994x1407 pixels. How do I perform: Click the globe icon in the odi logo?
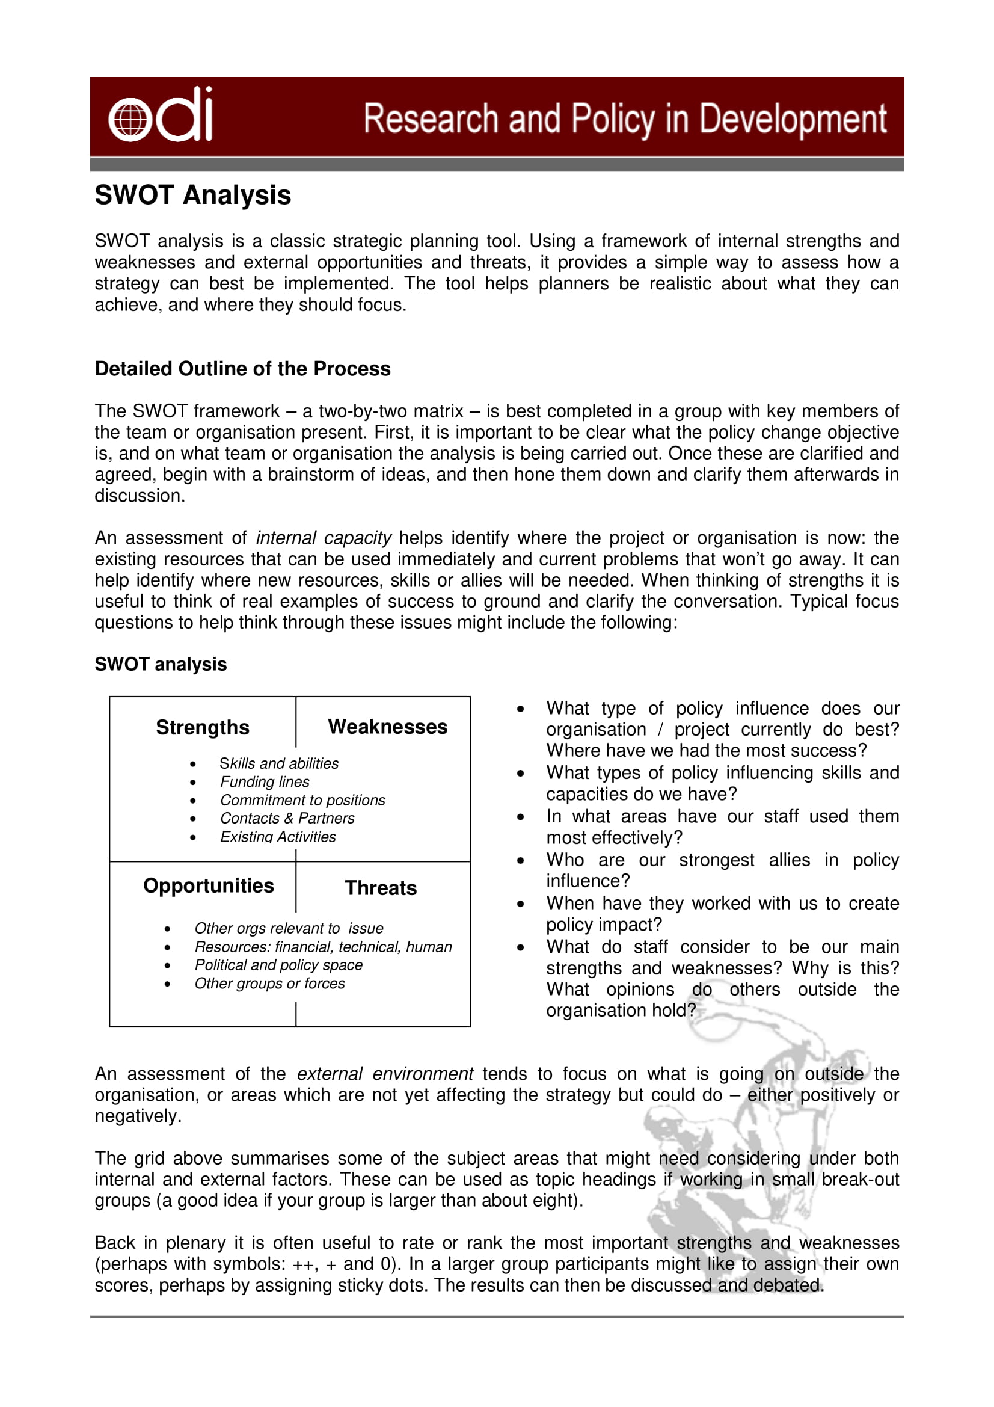pyautogui.click(x=130, y=120)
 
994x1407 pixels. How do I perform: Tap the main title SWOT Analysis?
pyautogui.click(x=192, y=195)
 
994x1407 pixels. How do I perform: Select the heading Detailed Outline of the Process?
pyautogui.click(x=242, y=368)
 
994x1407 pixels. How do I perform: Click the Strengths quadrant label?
pyautogui.click(x=202, y=727)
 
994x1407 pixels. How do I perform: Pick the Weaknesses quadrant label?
pyautogui.click(x=387, y=726)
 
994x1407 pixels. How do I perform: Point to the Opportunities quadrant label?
pyautogui.click(x=208, y=885)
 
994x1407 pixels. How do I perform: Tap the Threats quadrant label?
pyautogui.click(x=380, y=888)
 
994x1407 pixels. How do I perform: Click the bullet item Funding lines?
pyautogui.click(x=265, y=781)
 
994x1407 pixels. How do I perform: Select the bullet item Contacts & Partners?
pyautogui.click(x=287, y=818)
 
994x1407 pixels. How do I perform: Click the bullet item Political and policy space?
pyautogui.click(x=278, y=964)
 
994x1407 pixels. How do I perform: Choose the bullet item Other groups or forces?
pyautogui.click(x=269, y=983)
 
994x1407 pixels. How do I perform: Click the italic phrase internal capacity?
pyautogui.click(x=323, y=537)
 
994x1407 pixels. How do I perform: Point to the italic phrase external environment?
pyautogui.click(x=385, y=1074)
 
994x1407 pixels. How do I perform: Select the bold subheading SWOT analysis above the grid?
pyautogui.click(x=161, y=663)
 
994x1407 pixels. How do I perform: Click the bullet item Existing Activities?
pyautogui.click(x=277, y=837)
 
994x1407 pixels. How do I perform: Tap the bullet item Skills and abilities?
pyautogui.click(x=278, y=763)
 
